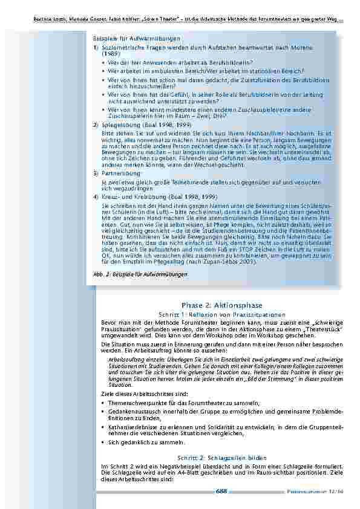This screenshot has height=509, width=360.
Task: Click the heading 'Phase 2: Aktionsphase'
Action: click(x=222, y=305)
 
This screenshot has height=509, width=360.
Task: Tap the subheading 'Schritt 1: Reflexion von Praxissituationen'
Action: click(x=221, y=315)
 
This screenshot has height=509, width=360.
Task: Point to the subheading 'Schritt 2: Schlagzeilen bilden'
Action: click(x=221, y=458)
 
